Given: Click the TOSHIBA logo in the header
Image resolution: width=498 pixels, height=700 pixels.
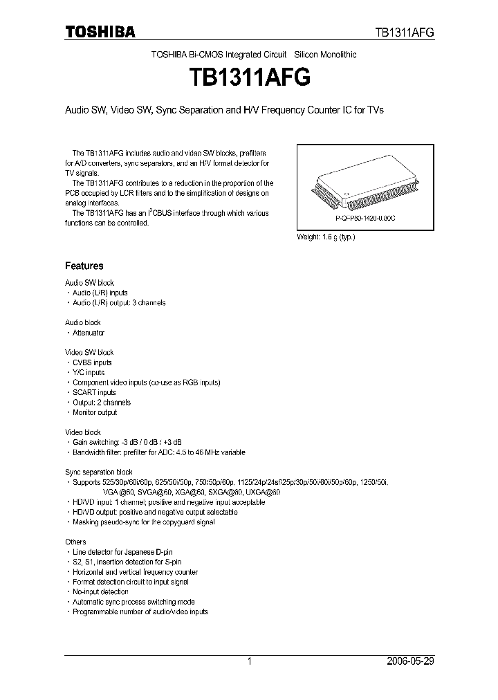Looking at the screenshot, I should click(x=100, y=32).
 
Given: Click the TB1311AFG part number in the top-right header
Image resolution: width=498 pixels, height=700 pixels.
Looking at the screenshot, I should click(x=404, y=33).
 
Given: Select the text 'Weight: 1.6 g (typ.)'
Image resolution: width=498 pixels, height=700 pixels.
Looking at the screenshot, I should click(x=326, y=237).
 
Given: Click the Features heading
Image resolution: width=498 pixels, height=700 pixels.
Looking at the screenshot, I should click(x=84, y=266).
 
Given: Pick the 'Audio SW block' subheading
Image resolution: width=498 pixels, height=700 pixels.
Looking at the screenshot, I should click(x=89, y=283).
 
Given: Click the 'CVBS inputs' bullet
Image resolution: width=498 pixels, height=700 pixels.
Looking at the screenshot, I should click(x=92, y=362).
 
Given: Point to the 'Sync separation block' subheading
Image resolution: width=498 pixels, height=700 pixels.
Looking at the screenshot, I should click(x=99, y=472).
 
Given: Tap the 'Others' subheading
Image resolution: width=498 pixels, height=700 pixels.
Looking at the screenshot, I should click(x=75, y=542).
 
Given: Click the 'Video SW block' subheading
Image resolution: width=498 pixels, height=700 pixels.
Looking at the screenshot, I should click(x=89, y=353).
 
